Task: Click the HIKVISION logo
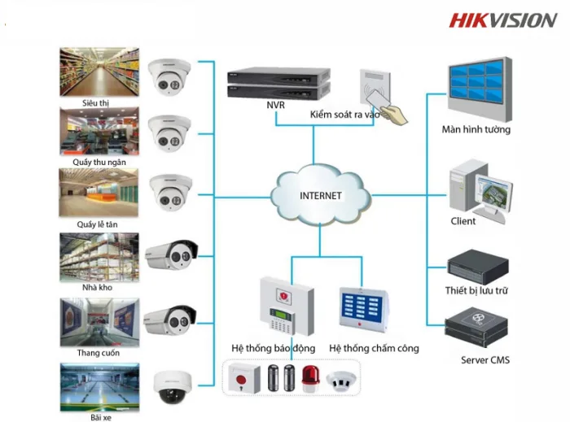point(502,20)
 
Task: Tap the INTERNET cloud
point(321,196)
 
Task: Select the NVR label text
point(275,105)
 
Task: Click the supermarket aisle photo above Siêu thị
point(99,72)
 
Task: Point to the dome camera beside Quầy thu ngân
point(169,133)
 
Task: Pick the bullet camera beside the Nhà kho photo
point(171,255)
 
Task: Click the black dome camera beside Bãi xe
point(172,387)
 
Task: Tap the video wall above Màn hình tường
point(480,89)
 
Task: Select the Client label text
point(463,221)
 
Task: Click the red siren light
point(310,379)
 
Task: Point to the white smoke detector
point(340,381)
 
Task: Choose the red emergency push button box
point(244,379)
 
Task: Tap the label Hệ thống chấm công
point(374,348)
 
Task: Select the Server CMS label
point(485,360)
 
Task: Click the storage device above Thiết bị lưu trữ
point(478,267)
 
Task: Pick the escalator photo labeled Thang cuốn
point(99,322)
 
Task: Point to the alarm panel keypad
point(282,320)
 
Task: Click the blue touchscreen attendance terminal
point(363,310)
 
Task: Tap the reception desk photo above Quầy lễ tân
point(99,193)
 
